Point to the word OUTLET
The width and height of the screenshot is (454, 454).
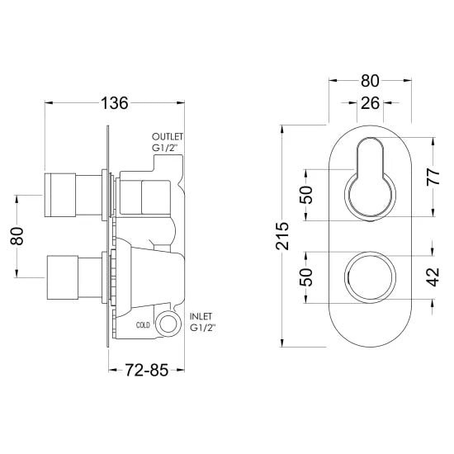pyautogui.click(x=168, y=136)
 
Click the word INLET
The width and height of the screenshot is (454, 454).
pyautogui.click(x=201, y=316)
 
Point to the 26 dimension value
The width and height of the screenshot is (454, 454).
pyautogui.click(x=370, y=104)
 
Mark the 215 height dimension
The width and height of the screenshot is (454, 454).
pyautogui.click(x=281, y=237)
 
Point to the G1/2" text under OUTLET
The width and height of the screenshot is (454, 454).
pyautogui.click(x=168, y=149)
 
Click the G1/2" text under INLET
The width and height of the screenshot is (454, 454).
pyautogui.click(x=202, y=329)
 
